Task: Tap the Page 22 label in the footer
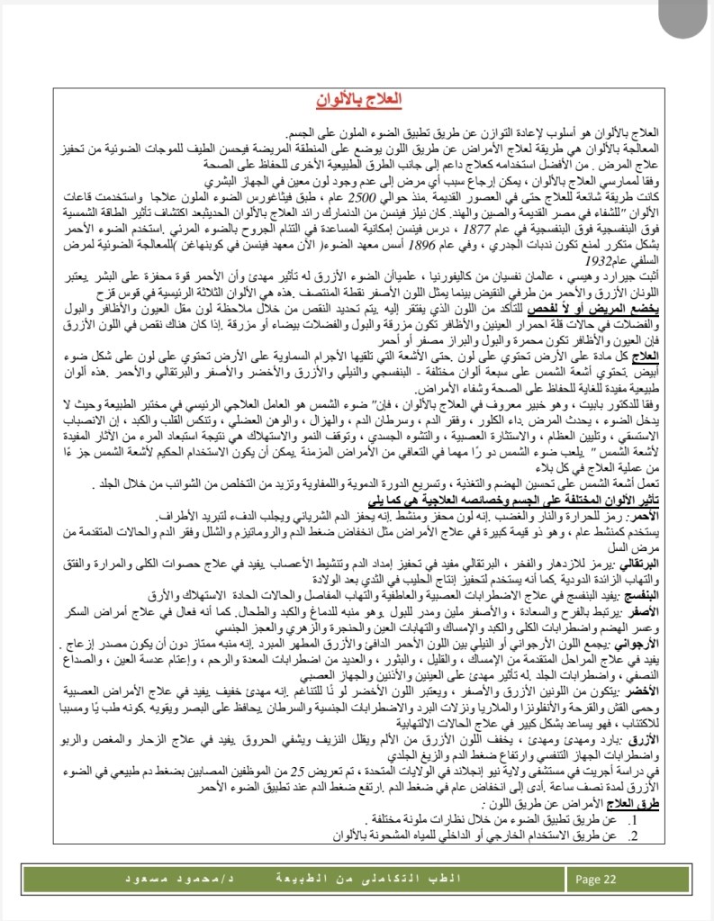click(x=596, y=880)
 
